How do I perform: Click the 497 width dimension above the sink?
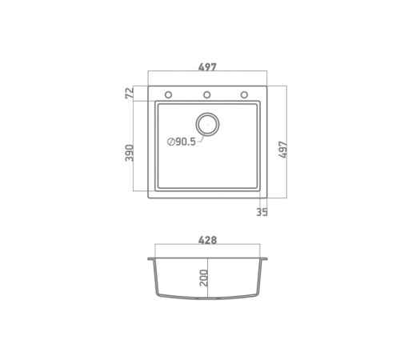tap(207, 66)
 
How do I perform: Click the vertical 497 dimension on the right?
tap(282, 150)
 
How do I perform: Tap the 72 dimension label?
tap(129, 93)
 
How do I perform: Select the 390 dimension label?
tap(129, 153)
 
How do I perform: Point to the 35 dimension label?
tap(262, 212)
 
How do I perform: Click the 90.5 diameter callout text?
tap(186, 142)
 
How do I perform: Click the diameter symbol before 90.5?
tap(170, 142)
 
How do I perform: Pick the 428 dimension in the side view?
tap(207, 240)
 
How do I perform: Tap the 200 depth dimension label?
tap(204, 278)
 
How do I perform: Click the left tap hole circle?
tap(168, 94)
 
